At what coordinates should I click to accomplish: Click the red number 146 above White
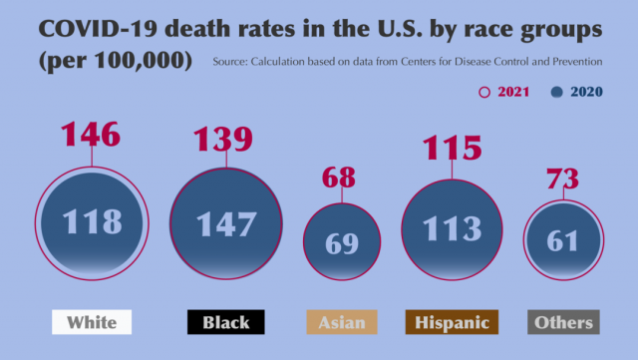[x=91, y=134]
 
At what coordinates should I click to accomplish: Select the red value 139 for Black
[x=224, y=139]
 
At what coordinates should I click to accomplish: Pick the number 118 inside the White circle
[x=93, y=221]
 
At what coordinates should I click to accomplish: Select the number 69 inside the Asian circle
[x=342, y=242]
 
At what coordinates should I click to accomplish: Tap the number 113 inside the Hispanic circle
[x=453, y=228]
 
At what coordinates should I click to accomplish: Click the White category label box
[x=92, y=322]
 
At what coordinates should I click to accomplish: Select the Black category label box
[x=226, y=322]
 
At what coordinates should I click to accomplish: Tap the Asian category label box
[x=342, y=322]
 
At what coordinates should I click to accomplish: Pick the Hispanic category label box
[x=452, y=322]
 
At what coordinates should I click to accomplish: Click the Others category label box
[x=563, y=322]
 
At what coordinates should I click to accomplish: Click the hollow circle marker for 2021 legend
[x=485, y=92]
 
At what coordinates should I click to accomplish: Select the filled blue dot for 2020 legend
[x=556, y=92]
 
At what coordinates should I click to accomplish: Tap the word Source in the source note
[x=235, y=64]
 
